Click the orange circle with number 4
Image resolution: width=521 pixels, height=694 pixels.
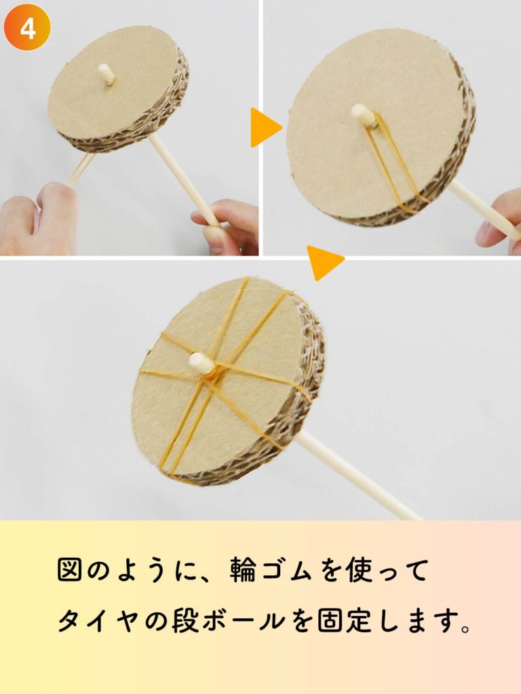click(x=27, y=27)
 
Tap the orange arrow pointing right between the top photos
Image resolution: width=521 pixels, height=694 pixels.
click(x=265, y=127)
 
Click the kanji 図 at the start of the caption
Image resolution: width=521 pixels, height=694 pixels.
click(x=70, y=569)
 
